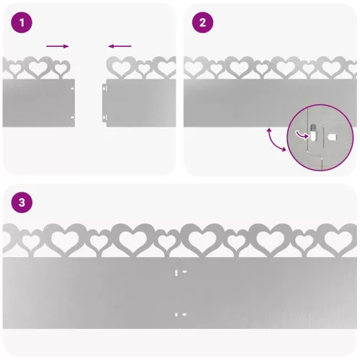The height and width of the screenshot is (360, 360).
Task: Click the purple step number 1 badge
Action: click(22, 22)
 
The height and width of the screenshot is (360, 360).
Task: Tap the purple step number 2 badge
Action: click(202, 22)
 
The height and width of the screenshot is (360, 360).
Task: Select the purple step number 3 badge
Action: click(22, 202)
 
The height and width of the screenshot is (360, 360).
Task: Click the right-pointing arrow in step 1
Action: click(58, 46)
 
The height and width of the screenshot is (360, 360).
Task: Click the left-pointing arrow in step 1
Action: click(120, 46)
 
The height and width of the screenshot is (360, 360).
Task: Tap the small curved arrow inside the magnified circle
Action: click(302, 135)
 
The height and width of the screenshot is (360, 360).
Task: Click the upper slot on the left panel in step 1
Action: click(72, 89)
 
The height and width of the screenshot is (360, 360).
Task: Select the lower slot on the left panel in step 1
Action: click(72, 117)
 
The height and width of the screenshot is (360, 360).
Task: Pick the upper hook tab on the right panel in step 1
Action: click(104, 88)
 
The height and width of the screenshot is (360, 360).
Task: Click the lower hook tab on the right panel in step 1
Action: click(104, 118)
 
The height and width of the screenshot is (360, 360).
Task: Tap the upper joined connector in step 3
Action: click(180, 272)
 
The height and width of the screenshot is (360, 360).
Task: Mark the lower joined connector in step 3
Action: click(180, 315)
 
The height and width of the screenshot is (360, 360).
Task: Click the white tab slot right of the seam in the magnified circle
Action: click(332, 138)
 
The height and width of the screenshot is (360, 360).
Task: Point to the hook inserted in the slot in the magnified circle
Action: click(313, 132)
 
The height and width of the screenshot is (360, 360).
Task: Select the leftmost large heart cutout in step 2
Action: click(194, 68)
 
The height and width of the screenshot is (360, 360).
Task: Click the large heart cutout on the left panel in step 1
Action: click(37, 68)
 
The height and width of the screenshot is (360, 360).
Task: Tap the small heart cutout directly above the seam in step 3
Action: click(168, 241)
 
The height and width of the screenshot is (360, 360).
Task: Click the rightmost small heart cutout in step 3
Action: click(305, 241)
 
